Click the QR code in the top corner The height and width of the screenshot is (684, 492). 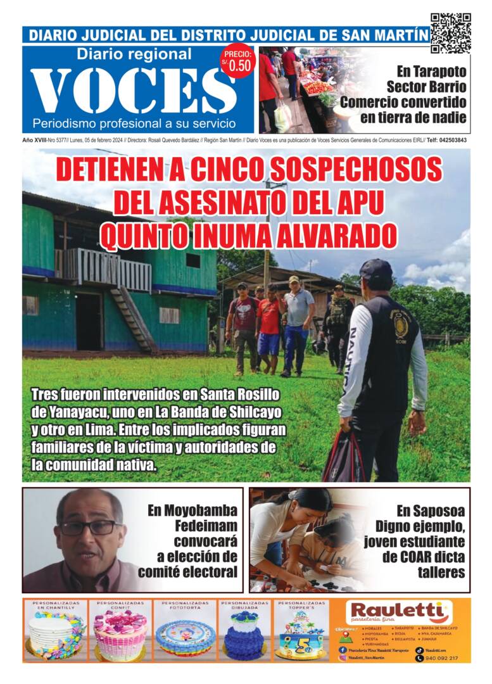450,33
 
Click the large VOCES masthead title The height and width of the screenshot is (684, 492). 133,91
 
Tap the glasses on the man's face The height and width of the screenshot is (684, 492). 89,527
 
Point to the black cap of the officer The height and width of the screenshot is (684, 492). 376,272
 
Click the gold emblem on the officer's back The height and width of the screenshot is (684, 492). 401,324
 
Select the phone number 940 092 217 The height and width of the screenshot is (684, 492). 444,658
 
